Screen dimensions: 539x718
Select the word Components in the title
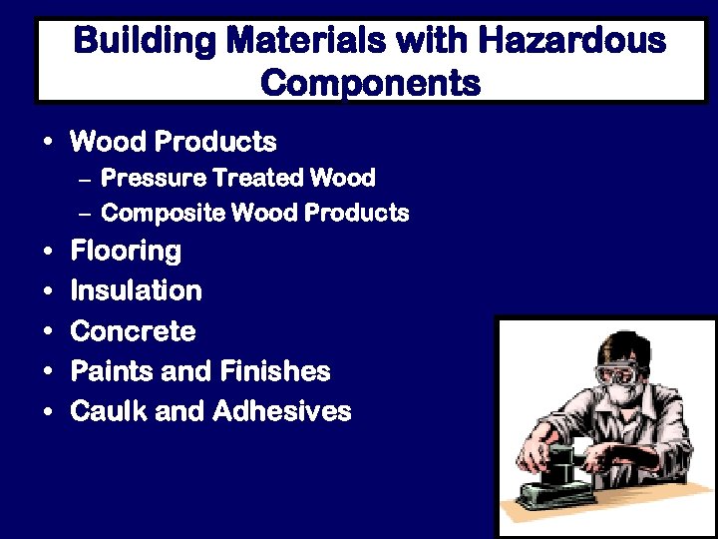370,82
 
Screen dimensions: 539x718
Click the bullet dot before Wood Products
48,143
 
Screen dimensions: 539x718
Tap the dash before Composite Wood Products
84,214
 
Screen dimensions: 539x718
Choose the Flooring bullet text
126,251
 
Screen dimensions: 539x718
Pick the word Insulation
136,290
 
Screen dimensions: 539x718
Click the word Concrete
133,330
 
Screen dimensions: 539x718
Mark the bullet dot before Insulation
48,291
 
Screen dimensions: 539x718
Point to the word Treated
257,179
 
